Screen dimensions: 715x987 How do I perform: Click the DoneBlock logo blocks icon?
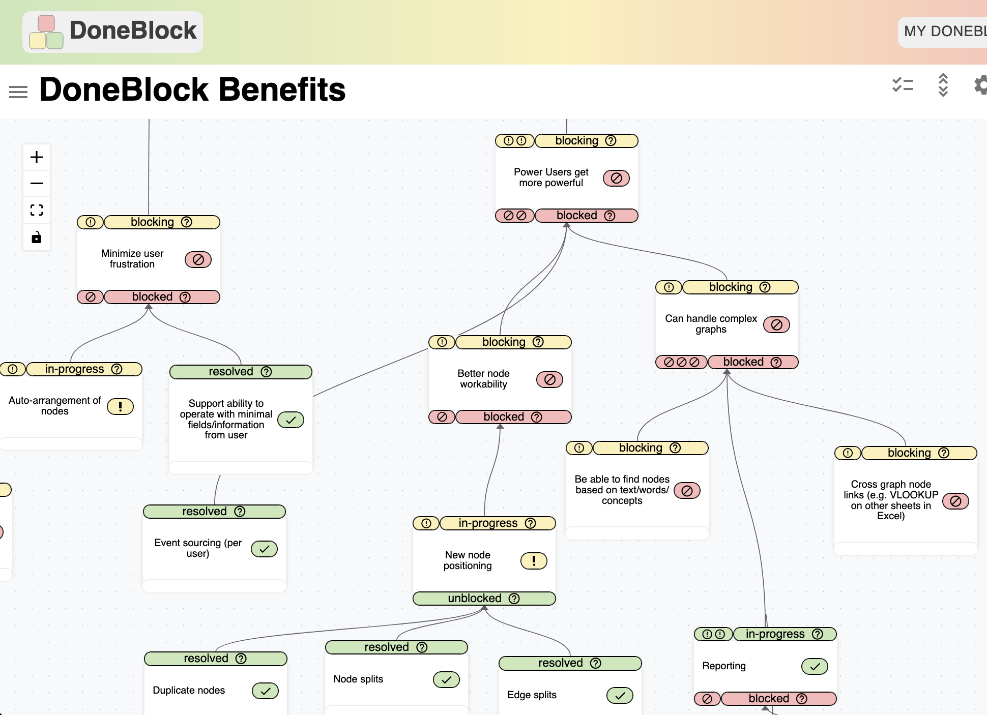46,32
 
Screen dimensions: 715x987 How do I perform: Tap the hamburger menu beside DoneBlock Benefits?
18,92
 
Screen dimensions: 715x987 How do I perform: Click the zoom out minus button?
37,184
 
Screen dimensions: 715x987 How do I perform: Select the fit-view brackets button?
37,210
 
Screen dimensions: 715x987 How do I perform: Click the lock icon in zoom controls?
37,237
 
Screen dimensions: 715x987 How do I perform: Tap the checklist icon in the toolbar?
902,85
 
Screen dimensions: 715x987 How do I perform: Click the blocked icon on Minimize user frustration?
198,259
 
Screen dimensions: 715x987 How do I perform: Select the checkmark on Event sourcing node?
264,549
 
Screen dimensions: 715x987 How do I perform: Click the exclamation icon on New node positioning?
534,560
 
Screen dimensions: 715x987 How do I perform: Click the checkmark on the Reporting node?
815,666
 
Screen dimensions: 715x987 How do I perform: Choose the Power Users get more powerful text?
551,177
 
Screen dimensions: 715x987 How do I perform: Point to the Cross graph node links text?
890,500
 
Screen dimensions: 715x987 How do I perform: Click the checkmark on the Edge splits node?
620,695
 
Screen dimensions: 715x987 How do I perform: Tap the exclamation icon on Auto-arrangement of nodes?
120,406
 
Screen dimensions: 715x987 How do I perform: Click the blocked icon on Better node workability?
549,379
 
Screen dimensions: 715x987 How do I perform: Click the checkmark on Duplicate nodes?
265,691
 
